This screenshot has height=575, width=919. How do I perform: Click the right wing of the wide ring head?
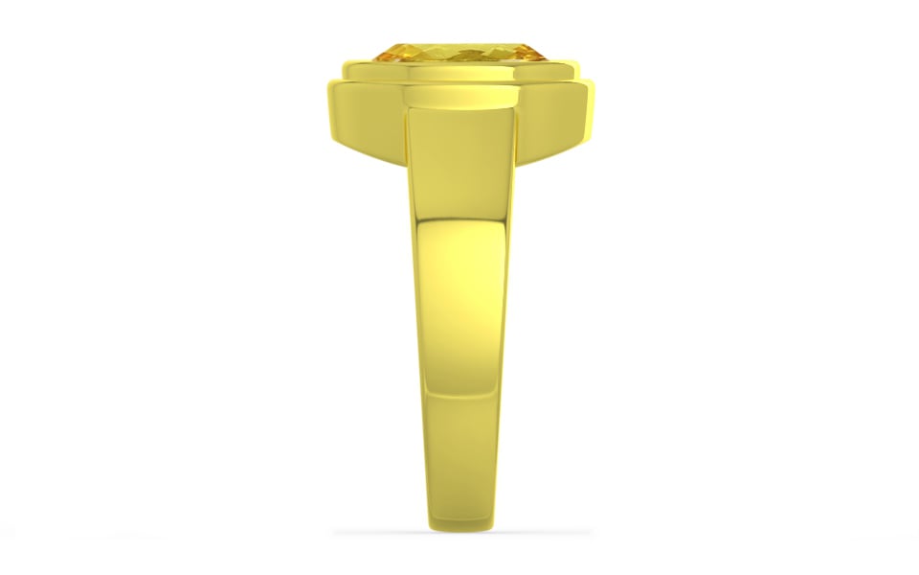coord(550,120)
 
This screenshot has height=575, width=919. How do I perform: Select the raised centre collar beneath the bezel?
coord(455,97)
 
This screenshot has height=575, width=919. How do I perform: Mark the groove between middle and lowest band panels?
coord(459,393)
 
